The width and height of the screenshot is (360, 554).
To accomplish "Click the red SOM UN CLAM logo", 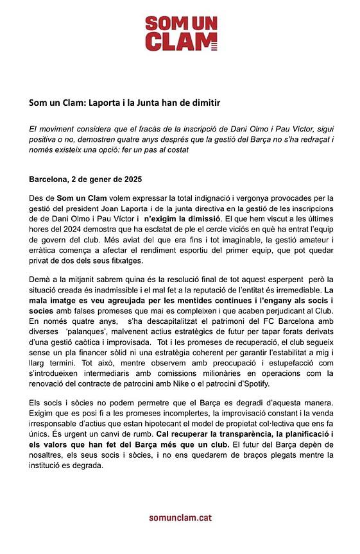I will pyautogui.click(x=180, y=33).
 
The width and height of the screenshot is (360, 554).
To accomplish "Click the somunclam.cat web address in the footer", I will pyautogui.click(x=180, y=517).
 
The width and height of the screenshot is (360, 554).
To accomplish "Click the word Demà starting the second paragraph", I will pyautogui.click(x=40, y=281).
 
